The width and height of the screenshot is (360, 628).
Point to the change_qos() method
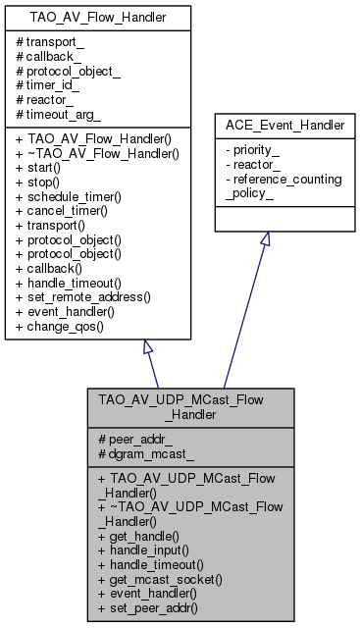coord(58,323)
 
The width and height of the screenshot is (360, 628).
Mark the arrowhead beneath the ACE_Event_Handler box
coord(264,239)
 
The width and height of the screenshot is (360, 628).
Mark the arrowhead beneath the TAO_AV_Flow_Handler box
coord(146,348)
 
